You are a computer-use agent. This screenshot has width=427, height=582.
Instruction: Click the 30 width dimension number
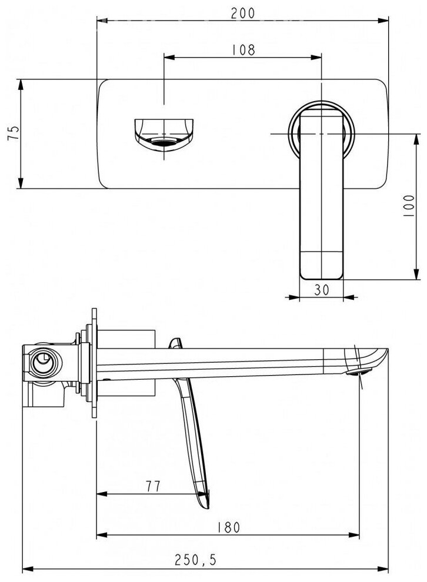click(x=321, y=290)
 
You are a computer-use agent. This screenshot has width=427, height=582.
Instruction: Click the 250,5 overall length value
click(x=198, y=561)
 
